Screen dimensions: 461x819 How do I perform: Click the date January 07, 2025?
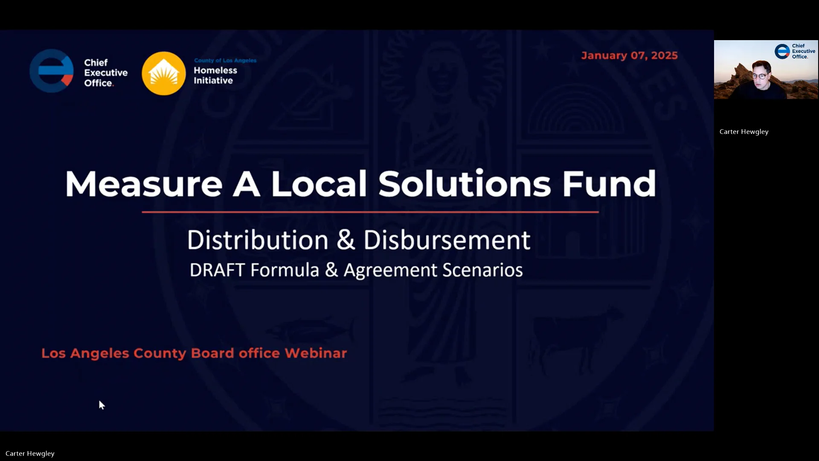629,55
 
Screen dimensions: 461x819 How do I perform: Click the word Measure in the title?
144,184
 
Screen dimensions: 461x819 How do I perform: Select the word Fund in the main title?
609,184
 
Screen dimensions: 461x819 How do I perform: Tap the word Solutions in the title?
465,184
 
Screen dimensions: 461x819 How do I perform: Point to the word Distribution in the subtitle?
258,240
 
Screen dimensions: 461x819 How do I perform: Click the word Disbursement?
447,240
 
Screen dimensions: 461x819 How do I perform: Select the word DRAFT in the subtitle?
217,270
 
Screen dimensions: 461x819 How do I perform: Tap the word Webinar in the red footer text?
316,353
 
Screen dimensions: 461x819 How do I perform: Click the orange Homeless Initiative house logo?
164,73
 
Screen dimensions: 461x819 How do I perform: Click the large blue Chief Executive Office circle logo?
52,71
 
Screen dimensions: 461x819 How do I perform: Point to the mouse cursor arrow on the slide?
102,405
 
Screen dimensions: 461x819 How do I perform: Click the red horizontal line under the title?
370,212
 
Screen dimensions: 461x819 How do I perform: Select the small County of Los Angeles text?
225,60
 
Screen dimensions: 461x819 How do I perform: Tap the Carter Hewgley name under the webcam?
743,131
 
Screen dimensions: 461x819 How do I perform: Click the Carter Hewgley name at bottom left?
30,453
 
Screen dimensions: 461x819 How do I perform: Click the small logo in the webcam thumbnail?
783,51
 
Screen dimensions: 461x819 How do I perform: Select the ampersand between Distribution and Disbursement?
346,240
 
